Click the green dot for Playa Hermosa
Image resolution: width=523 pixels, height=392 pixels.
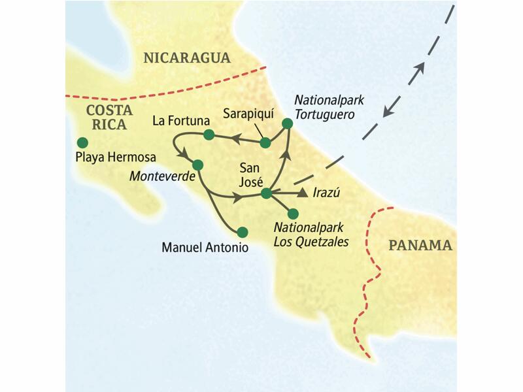point(82,142)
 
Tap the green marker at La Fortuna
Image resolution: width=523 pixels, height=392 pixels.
point(209,135)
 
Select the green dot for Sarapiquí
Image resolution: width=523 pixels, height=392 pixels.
point(265,142)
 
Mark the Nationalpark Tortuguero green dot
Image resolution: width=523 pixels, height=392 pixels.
point(286,123)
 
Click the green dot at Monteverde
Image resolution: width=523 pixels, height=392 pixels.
point(198,165)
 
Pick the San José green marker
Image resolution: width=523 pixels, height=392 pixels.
point(266,193)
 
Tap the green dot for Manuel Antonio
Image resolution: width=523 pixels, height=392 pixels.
point(243,231)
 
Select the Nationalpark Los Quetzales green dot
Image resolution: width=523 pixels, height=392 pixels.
point(293,213)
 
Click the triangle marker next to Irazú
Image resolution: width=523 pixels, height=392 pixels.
point(302,193)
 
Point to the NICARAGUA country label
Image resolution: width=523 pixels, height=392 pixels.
point(187,57)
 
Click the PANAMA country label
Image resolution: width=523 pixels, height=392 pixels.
point(420,246)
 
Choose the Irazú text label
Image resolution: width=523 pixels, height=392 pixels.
point(327,193)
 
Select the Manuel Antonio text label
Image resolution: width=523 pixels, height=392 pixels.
point(205,248)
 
